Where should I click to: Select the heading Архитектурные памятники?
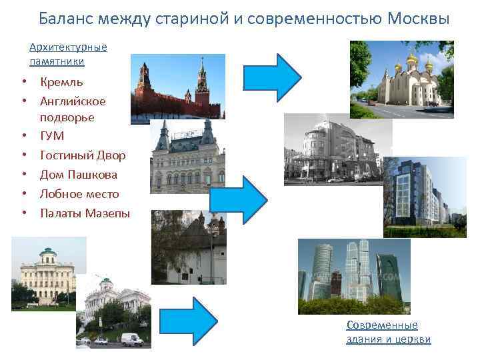coord(68,54)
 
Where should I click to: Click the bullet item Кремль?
coord(61,83)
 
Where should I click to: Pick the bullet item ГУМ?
coord(52,136)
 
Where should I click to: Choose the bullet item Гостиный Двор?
coord(83,155)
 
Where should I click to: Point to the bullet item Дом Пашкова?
coord(79,175)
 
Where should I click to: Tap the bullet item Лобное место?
coord(79,194)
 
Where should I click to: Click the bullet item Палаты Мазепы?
coord(85,213)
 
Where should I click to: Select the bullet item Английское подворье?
coord(73,109)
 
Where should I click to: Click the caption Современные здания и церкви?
coord(388,332)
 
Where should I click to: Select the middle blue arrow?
coord(238,199)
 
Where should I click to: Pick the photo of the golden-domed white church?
coord(401,79)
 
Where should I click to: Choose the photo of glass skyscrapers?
coord(353,276)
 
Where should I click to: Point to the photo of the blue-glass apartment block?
coord(424,197)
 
